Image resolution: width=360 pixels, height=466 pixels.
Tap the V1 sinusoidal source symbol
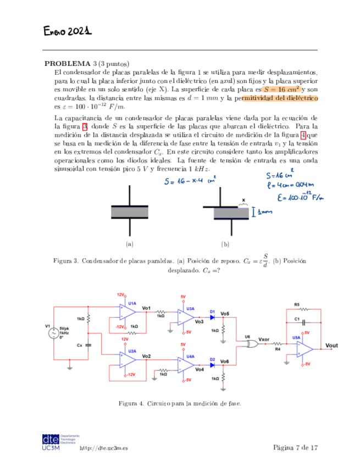pos(54,333)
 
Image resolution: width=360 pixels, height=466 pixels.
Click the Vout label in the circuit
pos(332,345)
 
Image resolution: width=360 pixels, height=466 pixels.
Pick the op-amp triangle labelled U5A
pos(304,347)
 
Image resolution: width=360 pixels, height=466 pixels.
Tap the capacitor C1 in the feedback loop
pos(297,323)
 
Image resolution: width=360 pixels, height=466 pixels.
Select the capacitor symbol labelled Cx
pos(89,345)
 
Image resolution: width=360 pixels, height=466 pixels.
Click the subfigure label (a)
pos(130,244)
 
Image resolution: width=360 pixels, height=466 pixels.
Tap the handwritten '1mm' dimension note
pos(267,212)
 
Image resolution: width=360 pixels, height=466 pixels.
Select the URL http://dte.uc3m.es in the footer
pos(104,448)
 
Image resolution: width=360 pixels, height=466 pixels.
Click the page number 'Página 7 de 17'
pos(295,448)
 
